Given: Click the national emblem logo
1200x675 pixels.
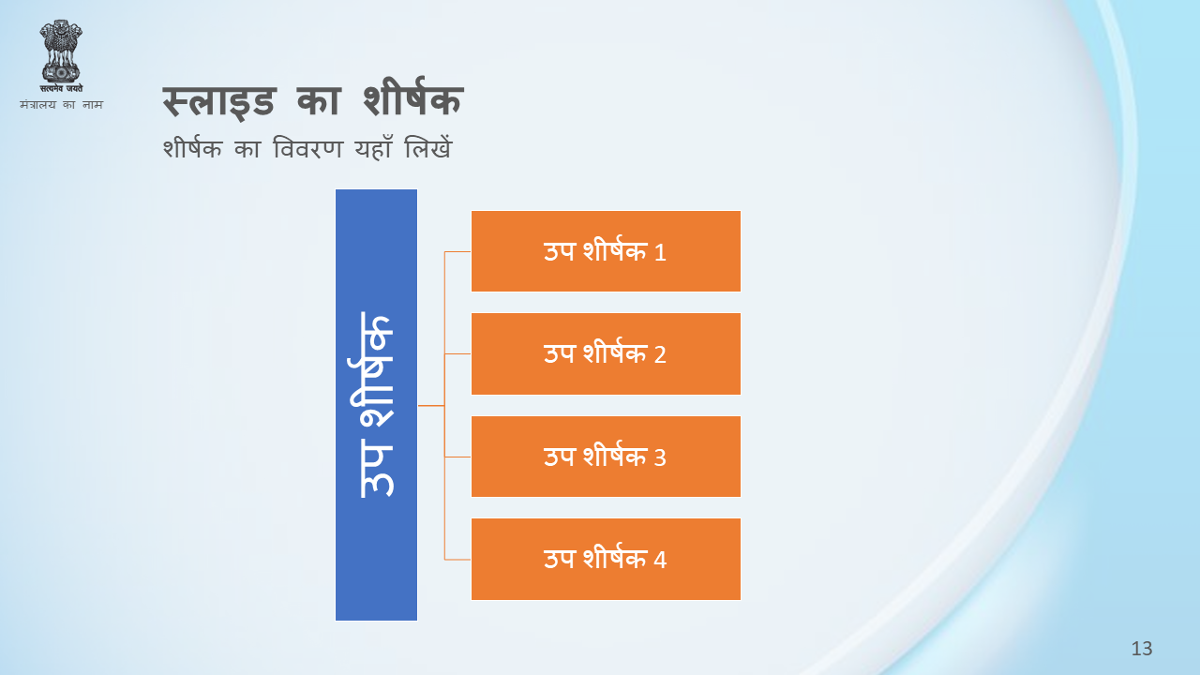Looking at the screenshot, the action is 61,55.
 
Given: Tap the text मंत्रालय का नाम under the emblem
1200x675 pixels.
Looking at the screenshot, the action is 61,104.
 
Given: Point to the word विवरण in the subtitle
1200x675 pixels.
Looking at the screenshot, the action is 307,148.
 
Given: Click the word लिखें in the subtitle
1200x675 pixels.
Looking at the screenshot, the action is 428,147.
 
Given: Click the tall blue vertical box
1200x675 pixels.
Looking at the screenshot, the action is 376,405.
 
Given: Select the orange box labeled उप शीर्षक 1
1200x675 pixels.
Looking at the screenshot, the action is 606,251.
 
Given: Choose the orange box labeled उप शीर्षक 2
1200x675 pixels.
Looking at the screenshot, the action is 606,354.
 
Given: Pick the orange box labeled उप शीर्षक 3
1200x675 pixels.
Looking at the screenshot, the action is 606,457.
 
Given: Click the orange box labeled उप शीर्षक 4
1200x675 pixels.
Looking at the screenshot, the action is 606,560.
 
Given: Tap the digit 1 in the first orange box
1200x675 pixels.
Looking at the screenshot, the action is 660,253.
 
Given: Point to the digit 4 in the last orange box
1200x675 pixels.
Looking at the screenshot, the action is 660,561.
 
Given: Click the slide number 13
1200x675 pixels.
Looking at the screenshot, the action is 1142,649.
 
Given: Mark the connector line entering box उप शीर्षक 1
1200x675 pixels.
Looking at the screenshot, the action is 458,251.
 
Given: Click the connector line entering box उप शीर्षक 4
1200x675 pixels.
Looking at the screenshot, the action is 458,560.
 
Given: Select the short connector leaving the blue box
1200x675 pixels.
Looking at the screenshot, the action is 431,406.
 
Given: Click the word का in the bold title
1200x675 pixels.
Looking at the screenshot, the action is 319,100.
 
